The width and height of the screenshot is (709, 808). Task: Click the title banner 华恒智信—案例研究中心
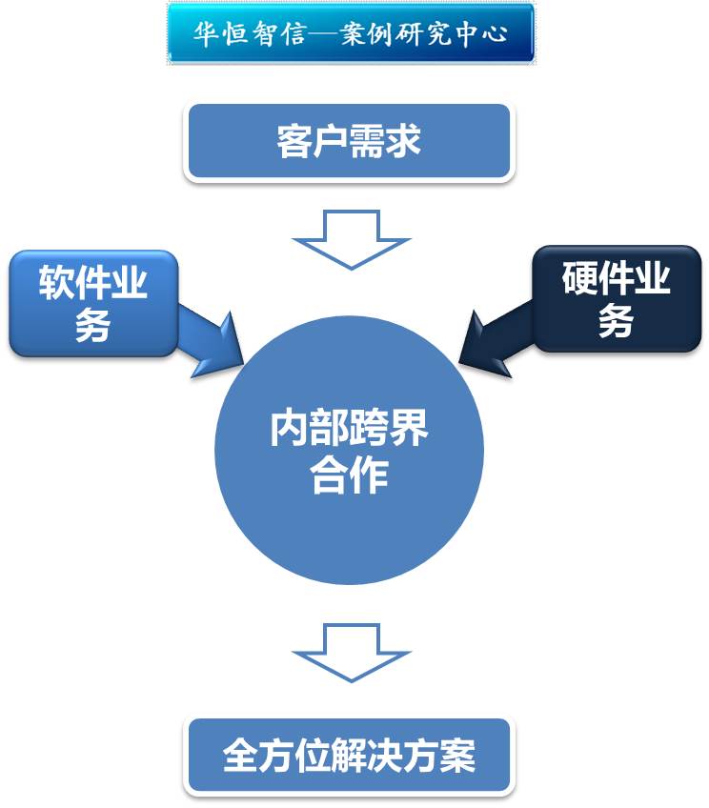pos(350,33)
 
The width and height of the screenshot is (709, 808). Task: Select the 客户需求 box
pos(350,142)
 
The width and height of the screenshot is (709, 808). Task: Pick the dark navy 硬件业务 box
pos(617,299)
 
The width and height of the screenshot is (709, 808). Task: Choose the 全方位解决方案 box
pos(350,757)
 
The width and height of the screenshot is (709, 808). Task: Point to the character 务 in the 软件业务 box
pos(93,325)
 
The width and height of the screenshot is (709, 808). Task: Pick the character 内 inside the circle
pos(289,431)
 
